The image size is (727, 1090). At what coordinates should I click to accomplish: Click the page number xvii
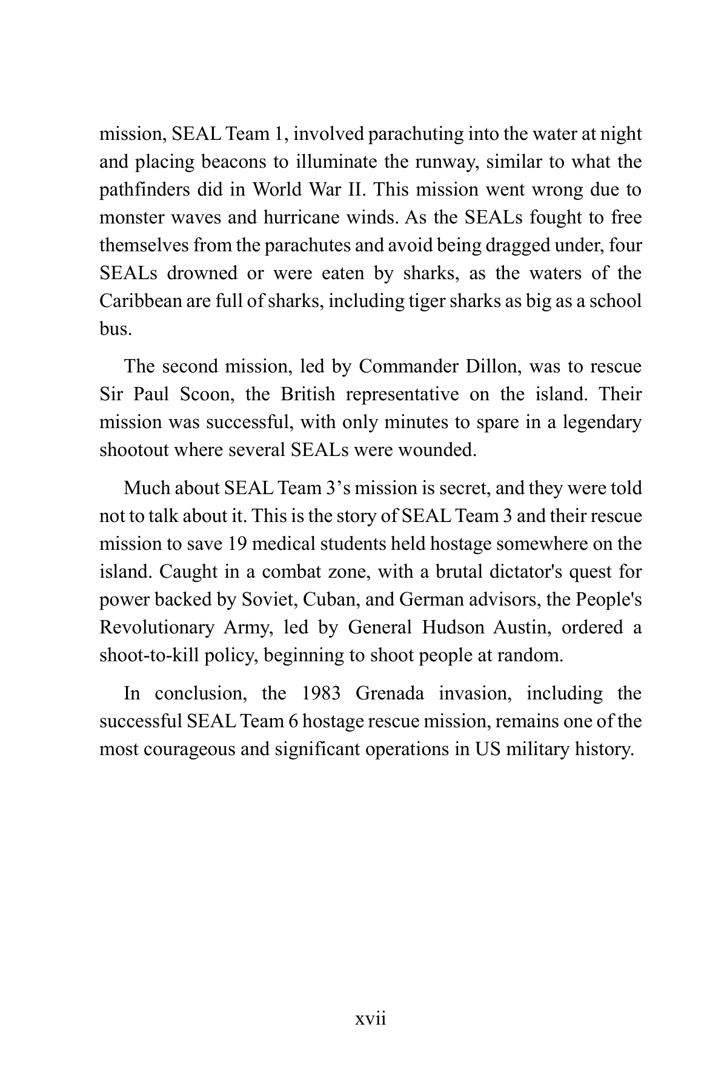point(370,1019)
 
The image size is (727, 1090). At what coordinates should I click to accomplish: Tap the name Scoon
point(204,394)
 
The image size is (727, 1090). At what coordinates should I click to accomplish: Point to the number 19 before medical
point(237,544)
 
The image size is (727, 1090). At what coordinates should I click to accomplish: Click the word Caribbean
point(140,301)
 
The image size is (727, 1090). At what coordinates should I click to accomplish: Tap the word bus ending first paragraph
point(115,329)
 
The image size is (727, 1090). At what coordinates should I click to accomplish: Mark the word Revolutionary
point(156,627)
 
